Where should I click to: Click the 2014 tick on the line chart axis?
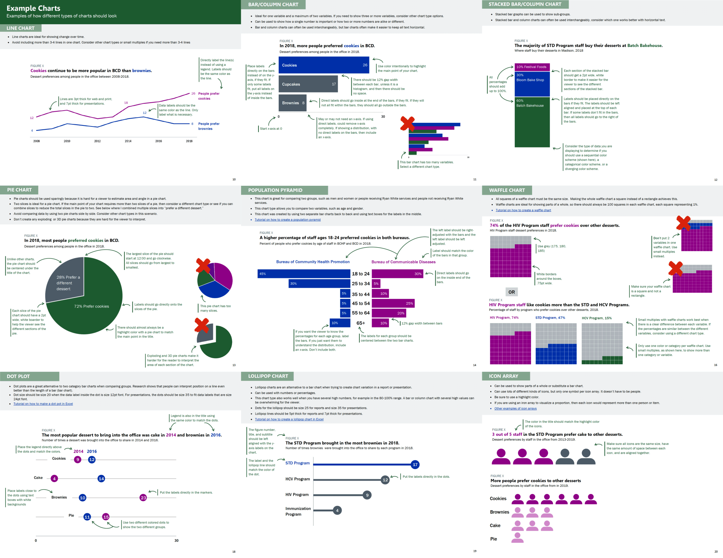pos(128,141)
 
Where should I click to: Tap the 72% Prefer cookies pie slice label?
pos(91,306)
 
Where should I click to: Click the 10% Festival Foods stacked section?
pos(532,67)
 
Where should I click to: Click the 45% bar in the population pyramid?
pos(304,274)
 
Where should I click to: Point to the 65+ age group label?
pos(361,323)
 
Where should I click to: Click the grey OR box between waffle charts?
pos(512,292)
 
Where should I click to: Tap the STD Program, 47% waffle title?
pos(550,318)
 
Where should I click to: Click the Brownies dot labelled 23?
pos(143,498)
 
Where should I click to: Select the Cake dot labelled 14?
pos(101,478)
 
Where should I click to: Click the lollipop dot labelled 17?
pos(415,465)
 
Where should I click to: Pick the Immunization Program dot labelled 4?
pos(337,511)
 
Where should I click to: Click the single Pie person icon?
pos(517,538)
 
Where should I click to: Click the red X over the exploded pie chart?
pos(202,325)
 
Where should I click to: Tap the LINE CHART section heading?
pos(21,28)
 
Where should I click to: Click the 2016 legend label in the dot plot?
pos(92,451)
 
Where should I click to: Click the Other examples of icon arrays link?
pos(515,409)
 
